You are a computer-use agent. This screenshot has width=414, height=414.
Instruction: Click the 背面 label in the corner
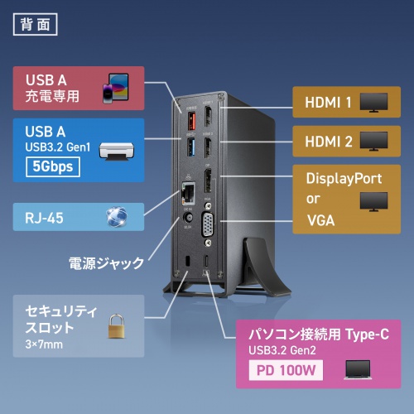click(x=36, y=22)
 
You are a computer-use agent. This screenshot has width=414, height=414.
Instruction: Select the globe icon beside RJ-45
click(x=118, y=217)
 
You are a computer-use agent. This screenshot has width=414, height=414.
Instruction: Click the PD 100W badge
click(x=284, y=370)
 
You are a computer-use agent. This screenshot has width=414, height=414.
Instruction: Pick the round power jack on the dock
click(x=189, y=223)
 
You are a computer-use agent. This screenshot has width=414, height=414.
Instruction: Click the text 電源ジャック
click(x=106, y=264)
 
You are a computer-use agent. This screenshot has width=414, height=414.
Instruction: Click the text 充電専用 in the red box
click(x=52, y=95)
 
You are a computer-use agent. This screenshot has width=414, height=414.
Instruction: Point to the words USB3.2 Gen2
click(x=282, y=349)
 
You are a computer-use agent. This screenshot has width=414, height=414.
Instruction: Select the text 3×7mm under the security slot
click(x=45, y=344)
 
